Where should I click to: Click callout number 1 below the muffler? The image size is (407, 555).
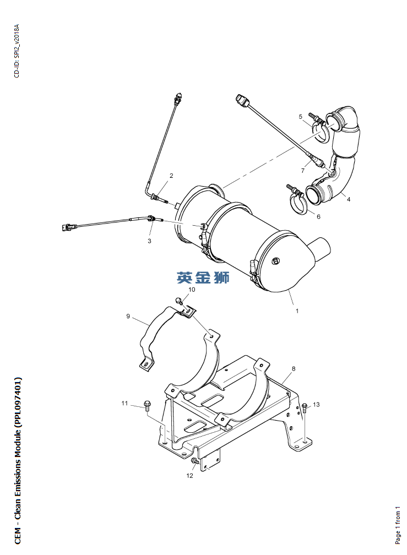[297, 311]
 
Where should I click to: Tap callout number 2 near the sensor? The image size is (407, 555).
[171, 176]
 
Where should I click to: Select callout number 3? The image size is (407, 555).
[149, 241]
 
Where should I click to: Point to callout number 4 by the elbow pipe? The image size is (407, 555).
[348, 199]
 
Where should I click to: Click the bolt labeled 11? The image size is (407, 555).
[147, 406]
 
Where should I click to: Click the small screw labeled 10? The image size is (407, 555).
[179, 301]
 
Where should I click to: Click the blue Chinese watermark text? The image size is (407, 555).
[203, 277]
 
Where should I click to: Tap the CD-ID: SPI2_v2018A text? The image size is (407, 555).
[17, 51]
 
